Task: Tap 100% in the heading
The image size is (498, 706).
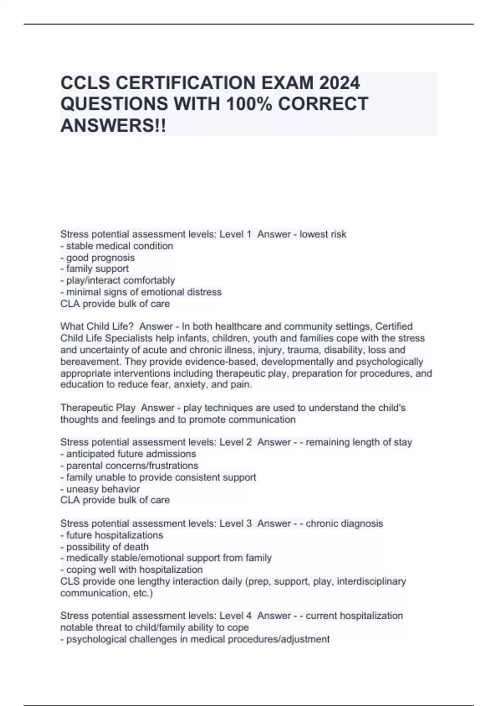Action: (249, 104)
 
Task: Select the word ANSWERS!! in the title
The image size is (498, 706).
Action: (113, 125)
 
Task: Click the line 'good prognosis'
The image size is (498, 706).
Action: (100, 257)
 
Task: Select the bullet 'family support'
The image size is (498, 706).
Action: (98, 269)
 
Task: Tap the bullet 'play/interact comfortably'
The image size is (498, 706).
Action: (120, 280)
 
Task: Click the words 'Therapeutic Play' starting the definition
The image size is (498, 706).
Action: (98, 408)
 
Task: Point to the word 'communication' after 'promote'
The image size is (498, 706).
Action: (262, 419)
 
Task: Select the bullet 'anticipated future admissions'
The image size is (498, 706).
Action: (131, 454)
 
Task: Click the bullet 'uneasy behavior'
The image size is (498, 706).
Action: (103, 489)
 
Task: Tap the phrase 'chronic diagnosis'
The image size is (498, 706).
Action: (344, 523)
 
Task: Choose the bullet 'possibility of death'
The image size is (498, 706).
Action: (107, 547)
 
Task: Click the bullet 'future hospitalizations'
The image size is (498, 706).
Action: (115, 535)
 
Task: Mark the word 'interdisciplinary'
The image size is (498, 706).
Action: (371, 581)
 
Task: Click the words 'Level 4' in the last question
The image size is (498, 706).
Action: (235, 615)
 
